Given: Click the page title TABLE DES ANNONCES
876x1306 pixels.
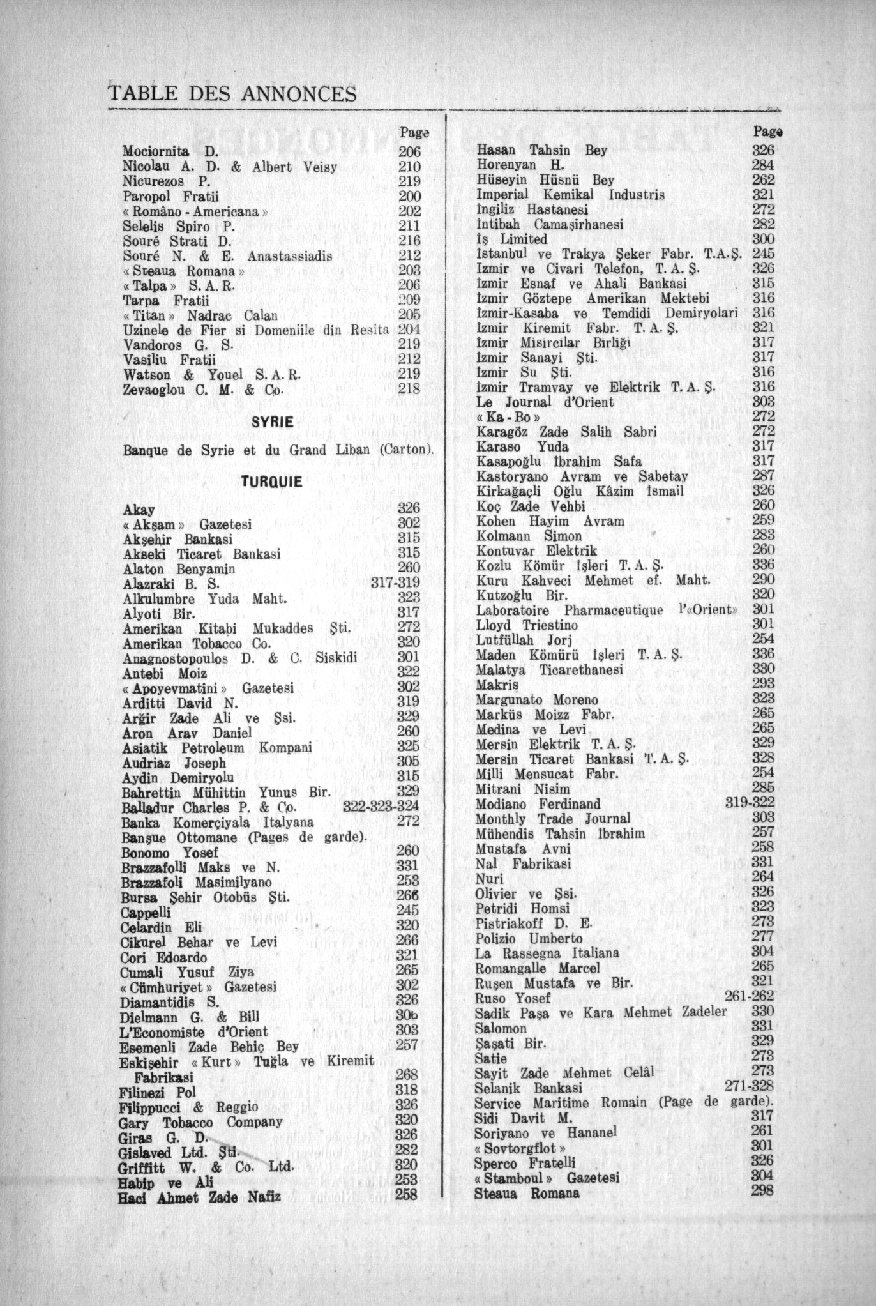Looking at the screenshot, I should pyautogui.click(x=232, y=95).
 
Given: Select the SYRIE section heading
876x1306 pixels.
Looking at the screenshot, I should pyautogui.click(x=273, y=423).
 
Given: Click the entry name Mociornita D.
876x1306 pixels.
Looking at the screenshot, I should pyautogui.click(x=170, y=152).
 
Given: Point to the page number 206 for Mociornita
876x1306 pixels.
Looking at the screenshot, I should pyautogui.click(x=409, y=153).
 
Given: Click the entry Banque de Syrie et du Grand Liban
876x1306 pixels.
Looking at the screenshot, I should pyautogui.click(x=278, y=450).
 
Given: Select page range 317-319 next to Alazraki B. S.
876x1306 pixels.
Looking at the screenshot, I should pyautogui.click(x=395, y=583).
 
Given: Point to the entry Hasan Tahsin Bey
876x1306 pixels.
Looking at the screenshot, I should pyautogui.click(x=541, y=151).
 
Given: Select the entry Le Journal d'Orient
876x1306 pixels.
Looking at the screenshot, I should pyautogui.click(x=545, y=402).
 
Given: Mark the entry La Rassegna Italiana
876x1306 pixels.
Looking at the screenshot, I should pyautogui.click(x=547, y=953).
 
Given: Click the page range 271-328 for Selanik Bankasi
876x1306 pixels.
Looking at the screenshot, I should pyautogui.click(x=749, y=1087).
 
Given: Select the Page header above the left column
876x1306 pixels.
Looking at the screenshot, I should pyautogui.click(x=413, y=133).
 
